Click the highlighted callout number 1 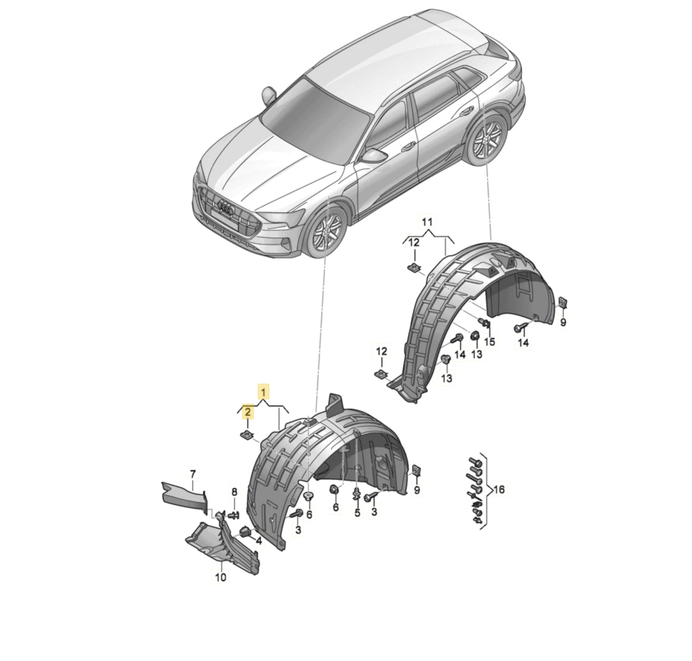(263, 392)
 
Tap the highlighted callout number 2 (247, 412)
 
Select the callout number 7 (193, 474)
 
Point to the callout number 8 (234, 493)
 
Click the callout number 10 (220, 577)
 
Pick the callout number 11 (427, 222)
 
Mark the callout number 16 (499, 489)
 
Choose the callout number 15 (490, 341)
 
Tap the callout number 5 (358, 513)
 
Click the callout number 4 (259, 541)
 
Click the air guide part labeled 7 (184, 497)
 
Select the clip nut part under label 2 (247, 435)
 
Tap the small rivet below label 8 (234, 514)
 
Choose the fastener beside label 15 (483, 323)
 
